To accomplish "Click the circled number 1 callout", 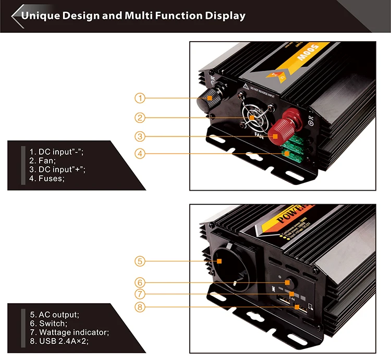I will click(x=139, y=97).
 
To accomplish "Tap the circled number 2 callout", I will click(x=139, y=117).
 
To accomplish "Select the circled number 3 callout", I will click(x=139, y=136).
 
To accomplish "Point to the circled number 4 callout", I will click(x=139, y=153).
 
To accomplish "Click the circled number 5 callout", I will click(x=139, y=260).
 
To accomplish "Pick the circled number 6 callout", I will click(x=139, y=282).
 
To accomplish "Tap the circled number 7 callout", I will click(x=139, y=294).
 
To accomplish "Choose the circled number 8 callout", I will click(x=139, y=307).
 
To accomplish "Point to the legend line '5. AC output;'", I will click(x=54, y=315).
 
